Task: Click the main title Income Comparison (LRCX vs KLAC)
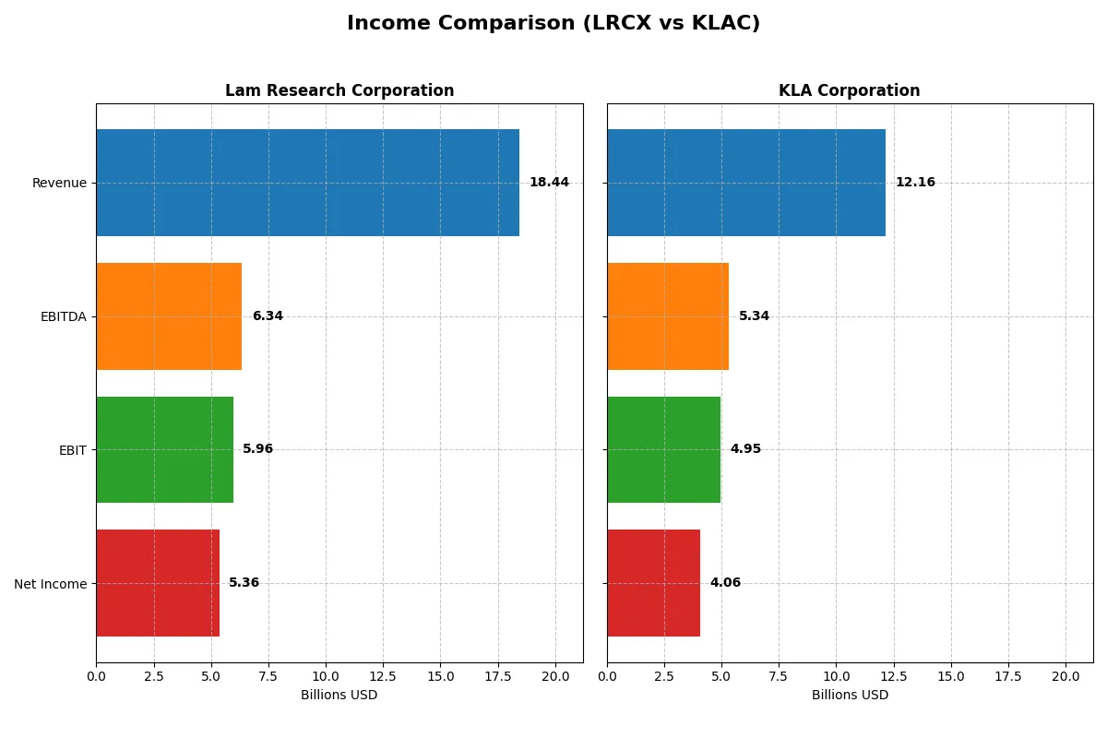click(x=553, y=24)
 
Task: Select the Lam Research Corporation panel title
click(x=339, y=90)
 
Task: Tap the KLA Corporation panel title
click(x=849, y=90)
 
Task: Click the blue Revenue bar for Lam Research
click(x=307, y=183)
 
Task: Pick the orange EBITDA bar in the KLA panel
click(x=668, y=316)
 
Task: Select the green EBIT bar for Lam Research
click(x=164, y=449)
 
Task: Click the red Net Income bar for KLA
click(x=653, y=583)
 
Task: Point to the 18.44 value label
click(x=549, y=183)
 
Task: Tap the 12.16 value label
click(x=915, y=183)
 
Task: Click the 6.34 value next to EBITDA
click(x=268, y=316)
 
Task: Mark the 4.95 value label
click(x=745, y=449)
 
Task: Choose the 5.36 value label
click(x=244, y=583)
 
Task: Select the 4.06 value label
click(x=725, y=583)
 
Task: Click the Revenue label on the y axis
click(x=59, y=183)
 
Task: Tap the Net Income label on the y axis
click(x=51, y=584)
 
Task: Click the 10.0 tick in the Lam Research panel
click(x=326, y=676)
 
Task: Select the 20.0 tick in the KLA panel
click(x=1065, y=676)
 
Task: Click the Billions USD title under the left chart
click(x=339, y=695)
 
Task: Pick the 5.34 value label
click(x=754, y=316)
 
